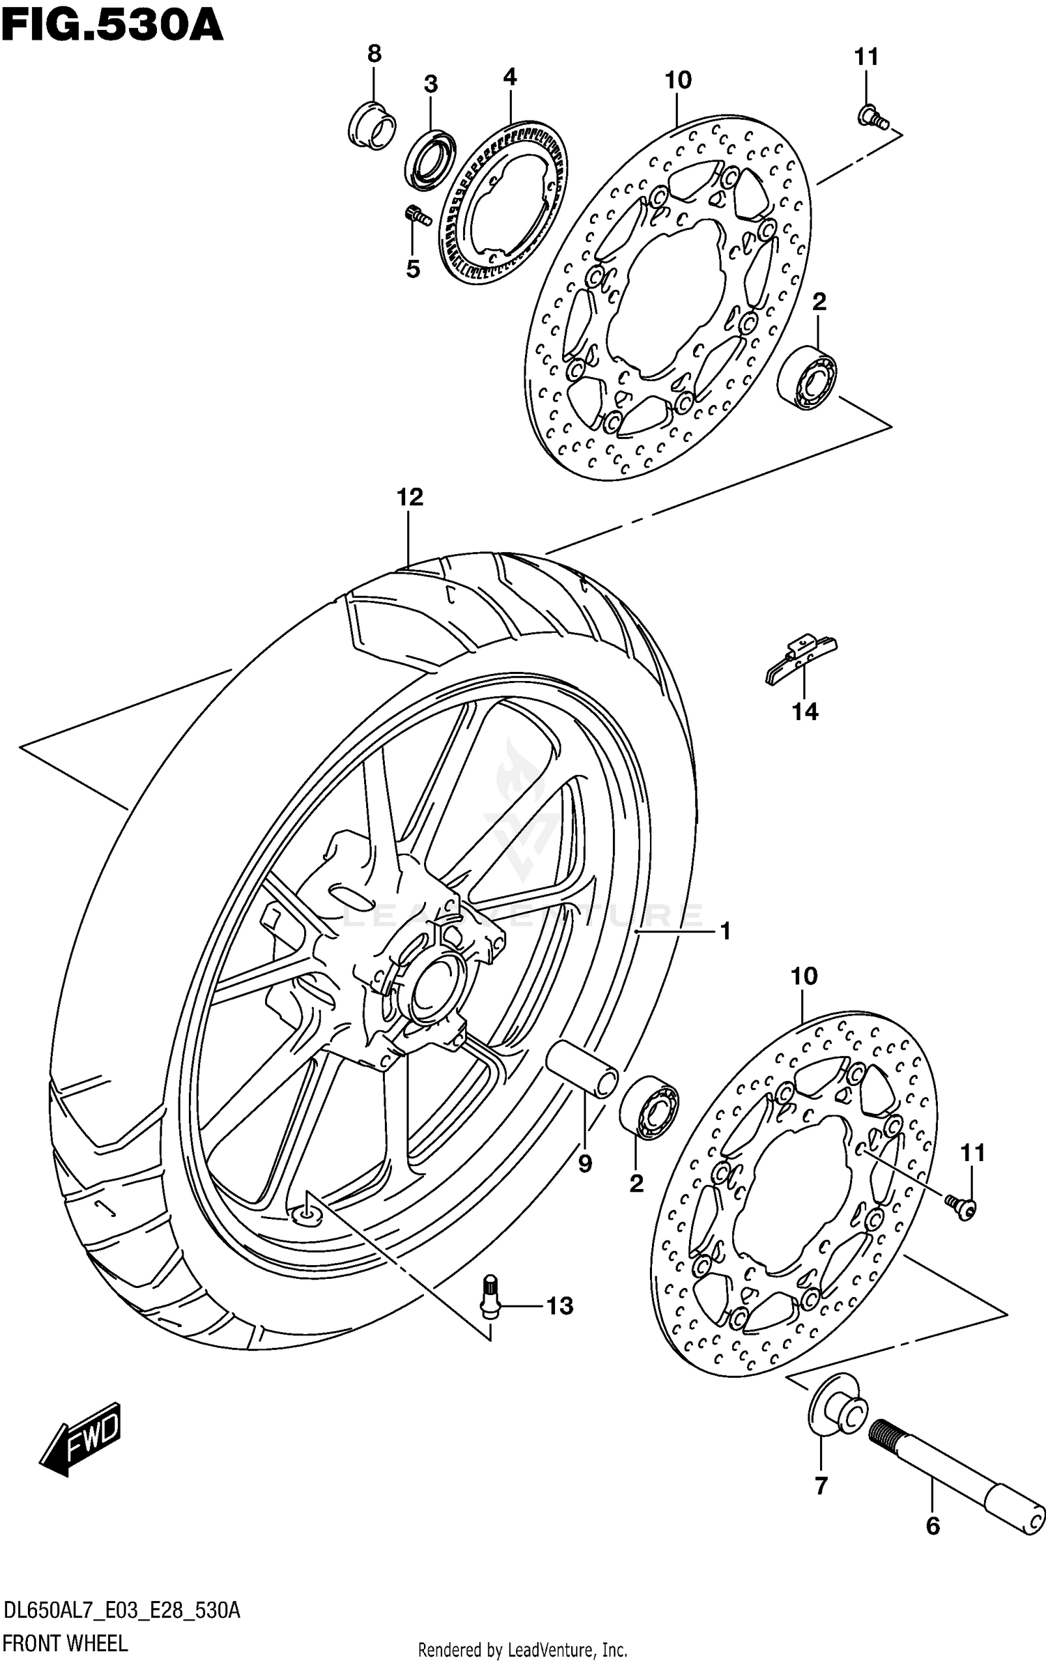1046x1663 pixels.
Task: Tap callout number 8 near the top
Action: pos(374,54)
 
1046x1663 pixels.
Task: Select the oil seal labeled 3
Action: pos(430,159)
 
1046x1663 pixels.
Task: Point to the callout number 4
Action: pos(510,77)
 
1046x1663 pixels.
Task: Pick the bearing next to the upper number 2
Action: pos(807,376)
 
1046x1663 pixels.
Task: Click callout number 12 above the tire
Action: pos(409,497)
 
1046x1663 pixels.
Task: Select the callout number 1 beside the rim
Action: pos(725,930)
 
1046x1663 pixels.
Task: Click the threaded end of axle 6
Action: pos(887,1434)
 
